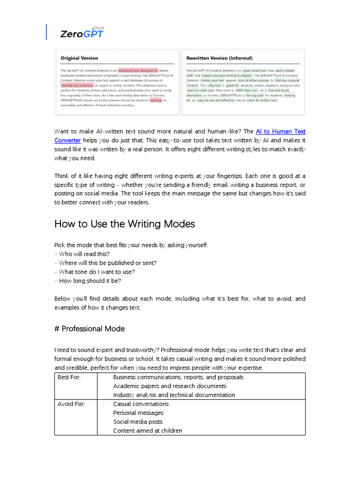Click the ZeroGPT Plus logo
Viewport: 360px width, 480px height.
(82, 32)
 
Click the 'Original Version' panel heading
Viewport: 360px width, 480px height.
(79, 58)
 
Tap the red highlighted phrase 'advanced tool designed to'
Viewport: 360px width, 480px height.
(138, 70)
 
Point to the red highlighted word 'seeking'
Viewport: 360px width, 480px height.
(156, 100)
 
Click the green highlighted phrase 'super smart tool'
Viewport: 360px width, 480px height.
(254, 70)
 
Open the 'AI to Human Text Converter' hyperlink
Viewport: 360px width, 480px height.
(280, 132)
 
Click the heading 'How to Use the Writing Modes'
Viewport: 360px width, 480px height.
(125, 224)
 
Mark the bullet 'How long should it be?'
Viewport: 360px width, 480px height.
(89, 281)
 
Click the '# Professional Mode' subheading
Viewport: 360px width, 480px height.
(90, 329)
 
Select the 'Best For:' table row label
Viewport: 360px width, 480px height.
(69, 377)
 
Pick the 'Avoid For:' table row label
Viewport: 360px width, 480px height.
(71, 404)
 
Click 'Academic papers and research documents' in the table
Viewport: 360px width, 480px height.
(170, 386)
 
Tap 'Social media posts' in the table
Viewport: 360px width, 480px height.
(138, 422)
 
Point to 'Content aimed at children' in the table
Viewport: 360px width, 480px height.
(148, 431)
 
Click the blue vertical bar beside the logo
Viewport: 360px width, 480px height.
(46, 31)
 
